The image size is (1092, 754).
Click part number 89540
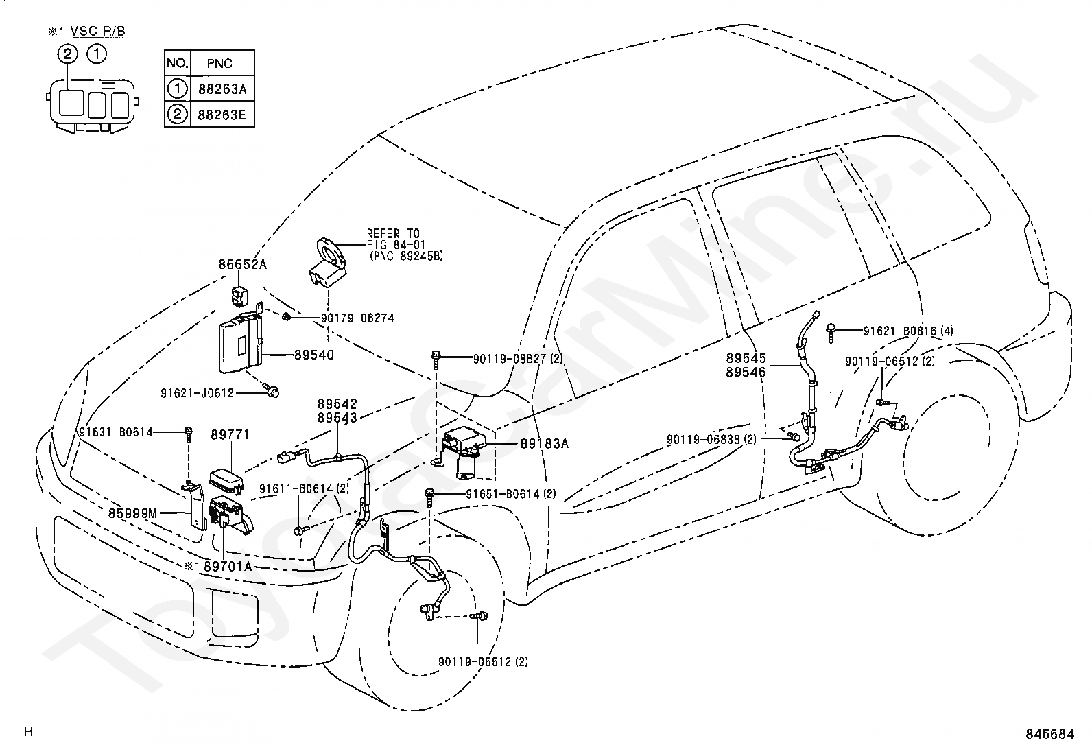coord(314,355)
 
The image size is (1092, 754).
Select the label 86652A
coord(242,264)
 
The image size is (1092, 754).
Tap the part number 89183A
coord(544,443)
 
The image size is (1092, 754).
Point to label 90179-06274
coord(357,318)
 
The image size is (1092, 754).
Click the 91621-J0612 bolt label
coord(198,393)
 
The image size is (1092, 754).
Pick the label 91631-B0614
coord(116,432)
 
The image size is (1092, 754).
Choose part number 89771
coord(230,434)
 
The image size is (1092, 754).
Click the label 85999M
coord(132,513)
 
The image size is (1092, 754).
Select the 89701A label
coord(228,566)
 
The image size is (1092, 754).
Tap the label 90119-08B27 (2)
coord(518,359)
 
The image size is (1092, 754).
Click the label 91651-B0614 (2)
coord(510,494)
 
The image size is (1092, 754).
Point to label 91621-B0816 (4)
coord(908,331)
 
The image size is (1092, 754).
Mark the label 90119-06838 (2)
coord(712,439)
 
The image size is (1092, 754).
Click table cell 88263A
coord(222,89)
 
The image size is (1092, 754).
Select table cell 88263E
coord(222,115)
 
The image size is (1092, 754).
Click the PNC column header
coord(220,63)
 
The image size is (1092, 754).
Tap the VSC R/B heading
coord(98,31)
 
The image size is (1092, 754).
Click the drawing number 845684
coord(1050,734)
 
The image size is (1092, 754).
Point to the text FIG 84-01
coord(396,244)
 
